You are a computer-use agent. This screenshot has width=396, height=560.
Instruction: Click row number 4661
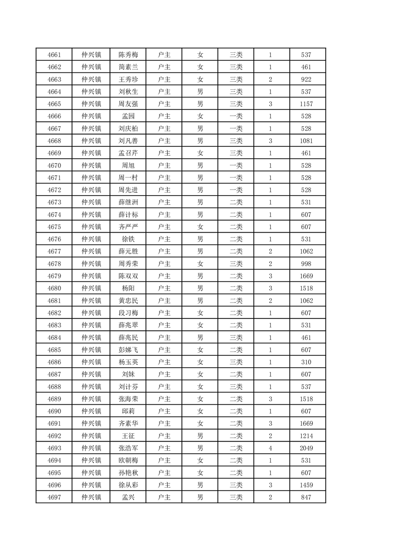[54, 55]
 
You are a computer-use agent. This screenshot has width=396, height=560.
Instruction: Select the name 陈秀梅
[128, 55]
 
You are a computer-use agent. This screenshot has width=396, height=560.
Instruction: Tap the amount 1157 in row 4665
[307, 104]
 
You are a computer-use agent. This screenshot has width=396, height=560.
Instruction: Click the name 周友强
[128, 104]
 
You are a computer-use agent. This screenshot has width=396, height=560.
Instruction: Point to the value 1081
[307, 141]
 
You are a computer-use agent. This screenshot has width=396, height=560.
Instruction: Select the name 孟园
[128, 116]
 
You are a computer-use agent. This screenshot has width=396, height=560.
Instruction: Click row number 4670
[54, 165]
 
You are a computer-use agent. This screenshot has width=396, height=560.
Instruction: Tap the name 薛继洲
[128, 202]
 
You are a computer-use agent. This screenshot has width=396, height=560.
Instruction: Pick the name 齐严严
[128, 227]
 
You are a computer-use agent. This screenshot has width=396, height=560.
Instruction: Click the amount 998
[307, 264]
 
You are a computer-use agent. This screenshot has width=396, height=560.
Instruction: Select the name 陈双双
[128, 276]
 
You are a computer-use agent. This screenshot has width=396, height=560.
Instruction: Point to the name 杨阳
[128, 288]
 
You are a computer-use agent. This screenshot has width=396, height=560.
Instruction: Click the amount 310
[307, 362]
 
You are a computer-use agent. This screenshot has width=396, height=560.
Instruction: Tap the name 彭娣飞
[128, 349]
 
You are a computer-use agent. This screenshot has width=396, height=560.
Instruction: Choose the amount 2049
[307, 448]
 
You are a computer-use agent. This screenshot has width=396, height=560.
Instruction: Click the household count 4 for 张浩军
[271, 448]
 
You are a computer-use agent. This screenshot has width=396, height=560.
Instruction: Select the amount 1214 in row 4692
[307, 436]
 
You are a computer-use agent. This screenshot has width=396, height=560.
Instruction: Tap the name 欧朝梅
[128, 460]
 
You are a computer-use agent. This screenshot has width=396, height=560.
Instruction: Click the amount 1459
[307, 485]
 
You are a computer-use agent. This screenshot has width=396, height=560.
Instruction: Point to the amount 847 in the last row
[307, 497]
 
